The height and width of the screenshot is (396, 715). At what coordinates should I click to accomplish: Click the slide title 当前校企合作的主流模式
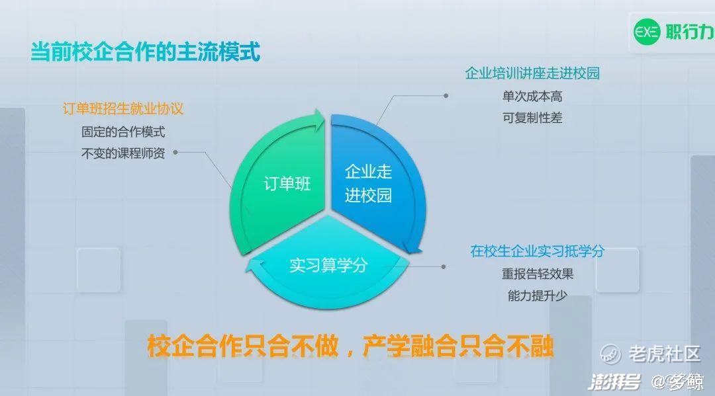click(145, 52)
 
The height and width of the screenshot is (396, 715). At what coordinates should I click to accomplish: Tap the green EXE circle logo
click(647, 32)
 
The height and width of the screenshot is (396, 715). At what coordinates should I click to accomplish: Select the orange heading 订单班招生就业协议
click(122, 109)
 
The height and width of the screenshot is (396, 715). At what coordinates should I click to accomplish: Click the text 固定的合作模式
click(122, 132)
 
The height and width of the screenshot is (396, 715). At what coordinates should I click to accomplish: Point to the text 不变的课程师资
click(122, 153)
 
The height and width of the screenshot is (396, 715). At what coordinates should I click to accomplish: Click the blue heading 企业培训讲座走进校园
click(532, 73)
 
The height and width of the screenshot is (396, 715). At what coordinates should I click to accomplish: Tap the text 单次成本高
click(532, 97)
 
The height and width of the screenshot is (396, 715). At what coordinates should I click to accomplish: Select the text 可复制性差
click(532, 118)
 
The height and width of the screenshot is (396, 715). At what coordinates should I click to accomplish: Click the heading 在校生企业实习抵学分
click(537, 251)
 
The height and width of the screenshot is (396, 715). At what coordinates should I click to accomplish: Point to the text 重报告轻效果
click(537, 274)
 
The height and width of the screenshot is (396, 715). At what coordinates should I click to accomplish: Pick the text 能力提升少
click(537, 296)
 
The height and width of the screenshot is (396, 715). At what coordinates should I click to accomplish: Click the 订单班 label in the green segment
click(287, 184)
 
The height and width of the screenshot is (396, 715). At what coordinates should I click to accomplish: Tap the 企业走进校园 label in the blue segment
click(368, 183)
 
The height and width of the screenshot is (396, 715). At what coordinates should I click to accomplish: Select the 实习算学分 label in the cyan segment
click(328, 265)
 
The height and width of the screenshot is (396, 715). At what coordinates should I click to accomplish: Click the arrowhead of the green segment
click(317, 120)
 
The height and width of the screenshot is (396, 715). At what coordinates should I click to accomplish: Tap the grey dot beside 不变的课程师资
click(175, 153)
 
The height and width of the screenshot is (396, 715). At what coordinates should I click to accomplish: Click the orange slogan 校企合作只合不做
click(242, 346)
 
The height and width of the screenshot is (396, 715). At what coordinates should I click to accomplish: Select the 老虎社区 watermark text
click(665, 354)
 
